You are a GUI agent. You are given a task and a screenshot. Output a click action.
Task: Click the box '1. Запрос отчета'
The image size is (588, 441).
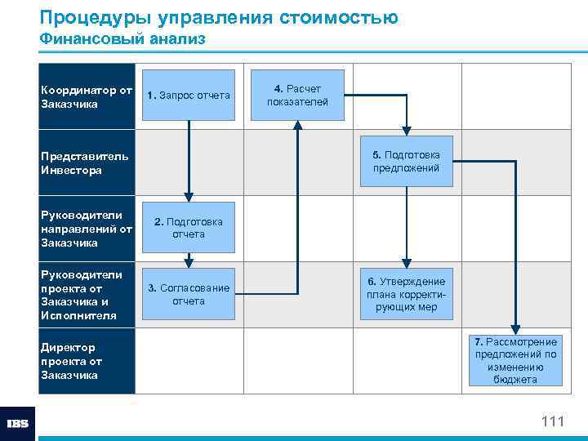tap(189, 96)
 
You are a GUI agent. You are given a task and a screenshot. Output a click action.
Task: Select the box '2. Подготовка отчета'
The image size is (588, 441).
tap(189, 227)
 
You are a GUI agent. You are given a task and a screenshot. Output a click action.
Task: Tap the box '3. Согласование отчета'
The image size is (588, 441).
tap(189, 294)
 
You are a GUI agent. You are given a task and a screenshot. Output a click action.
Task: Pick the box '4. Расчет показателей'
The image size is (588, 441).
tap(297, 95)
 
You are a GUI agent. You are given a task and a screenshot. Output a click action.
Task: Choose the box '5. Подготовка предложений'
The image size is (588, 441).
tap(406, 161)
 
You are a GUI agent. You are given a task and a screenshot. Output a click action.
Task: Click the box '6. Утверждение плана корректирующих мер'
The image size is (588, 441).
tap(406, 294)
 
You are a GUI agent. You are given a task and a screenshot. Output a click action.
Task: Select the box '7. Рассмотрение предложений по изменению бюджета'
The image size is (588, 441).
tap(515, 360)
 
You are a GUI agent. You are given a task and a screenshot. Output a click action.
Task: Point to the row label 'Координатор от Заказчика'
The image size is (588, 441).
tap(86, 96)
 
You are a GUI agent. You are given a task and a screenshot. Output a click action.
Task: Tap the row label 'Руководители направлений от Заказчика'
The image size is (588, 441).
tap(86, 228)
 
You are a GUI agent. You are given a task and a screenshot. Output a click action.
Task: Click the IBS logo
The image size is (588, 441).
tap(18, 423)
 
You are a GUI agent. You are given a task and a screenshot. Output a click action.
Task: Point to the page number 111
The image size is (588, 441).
tap(552, 421)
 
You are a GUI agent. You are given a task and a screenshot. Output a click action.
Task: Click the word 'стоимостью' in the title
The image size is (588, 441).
tap(334, 17)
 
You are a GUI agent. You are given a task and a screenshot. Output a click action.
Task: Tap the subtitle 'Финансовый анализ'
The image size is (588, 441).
tap(122, 38)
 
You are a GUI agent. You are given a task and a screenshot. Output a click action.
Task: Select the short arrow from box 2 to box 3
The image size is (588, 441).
tap(189, 261)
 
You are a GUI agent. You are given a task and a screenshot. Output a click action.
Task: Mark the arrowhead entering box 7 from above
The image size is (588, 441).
tap(515, 328)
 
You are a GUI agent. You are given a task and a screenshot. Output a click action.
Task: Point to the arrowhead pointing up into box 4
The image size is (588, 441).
tap(297, 125)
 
